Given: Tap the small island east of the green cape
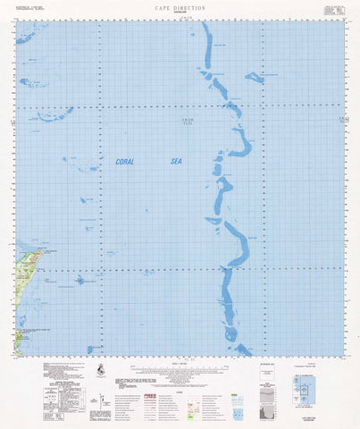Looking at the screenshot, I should [x=80, y=278].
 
